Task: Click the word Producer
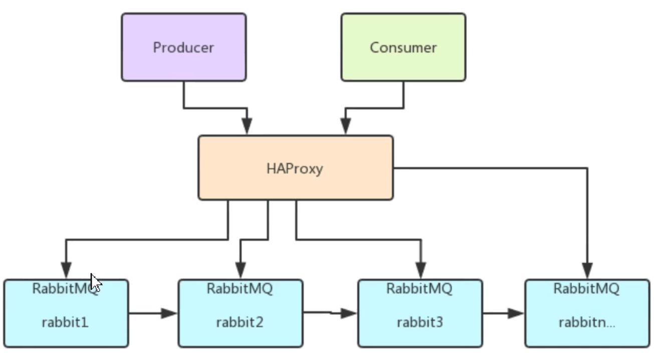[x=183, y=48]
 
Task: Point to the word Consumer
[x=403, y=48]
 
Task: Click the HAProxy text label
[x=295, y=168]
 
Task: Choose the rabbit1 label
[x=65, y=322]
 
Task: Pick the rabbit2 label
[x=240, y=322]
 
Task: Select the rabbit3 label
[x=420, y=322]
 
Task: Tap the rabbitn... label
[x=587, y=322]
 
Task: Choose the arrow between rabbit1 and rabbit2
[x=153, y=314]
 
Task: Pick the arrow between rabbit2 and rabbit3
[x=330, y=313]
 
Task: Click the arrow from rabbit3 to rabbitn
[x=504, y=314]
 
